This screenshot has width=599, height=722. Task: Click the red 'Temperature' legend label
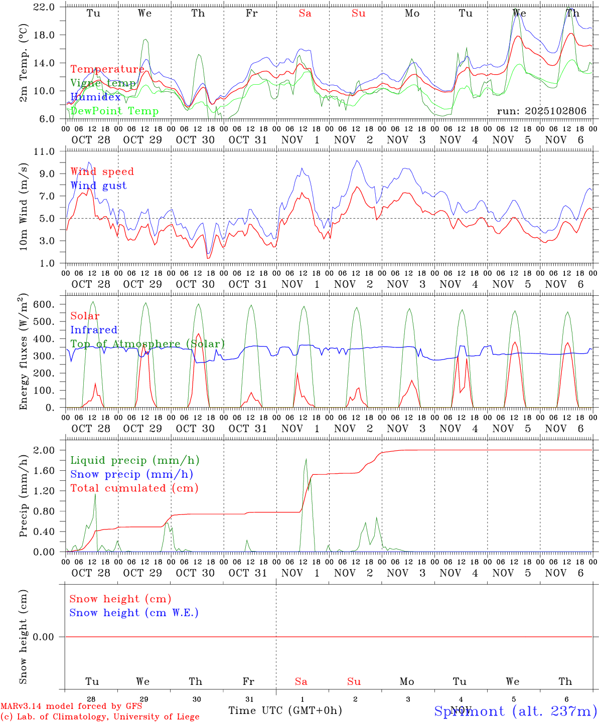(107, 69)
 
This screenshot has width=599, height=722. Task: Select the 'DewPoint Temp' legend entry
(114, 111)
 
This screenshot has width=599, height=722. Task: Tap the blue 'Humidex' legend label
(95, 97)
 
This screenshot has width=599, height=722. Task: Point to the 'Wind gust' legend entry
(98, 186)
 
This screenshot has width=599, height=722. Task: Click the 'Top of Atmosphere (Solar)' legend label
(147, 344)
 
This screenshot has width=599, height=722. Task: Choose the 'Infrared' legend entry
(94, 330)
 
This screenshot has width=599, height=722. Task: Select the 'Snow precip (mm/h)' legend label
(131, 474)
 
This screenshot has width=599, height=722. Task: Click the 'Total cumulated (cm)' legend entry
(134, 488)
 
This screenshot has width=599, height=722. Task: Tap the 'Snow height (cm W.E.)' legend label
(134, 613)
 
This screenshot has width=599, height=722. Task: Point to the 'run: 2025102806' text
(541, 111)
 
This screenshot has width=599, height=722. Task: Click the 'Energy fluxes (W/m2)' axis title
(23, 352)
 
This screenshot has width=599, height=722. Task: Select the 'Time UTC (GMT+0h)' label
(285, 710)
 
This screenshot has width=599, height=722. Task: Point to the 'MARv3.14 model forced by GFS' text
(71, 706)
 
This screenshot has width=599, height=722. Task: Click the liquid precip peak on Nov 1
(306, 459)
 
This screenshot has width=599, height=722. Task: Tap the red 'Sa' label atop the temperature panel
(305, 13)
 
